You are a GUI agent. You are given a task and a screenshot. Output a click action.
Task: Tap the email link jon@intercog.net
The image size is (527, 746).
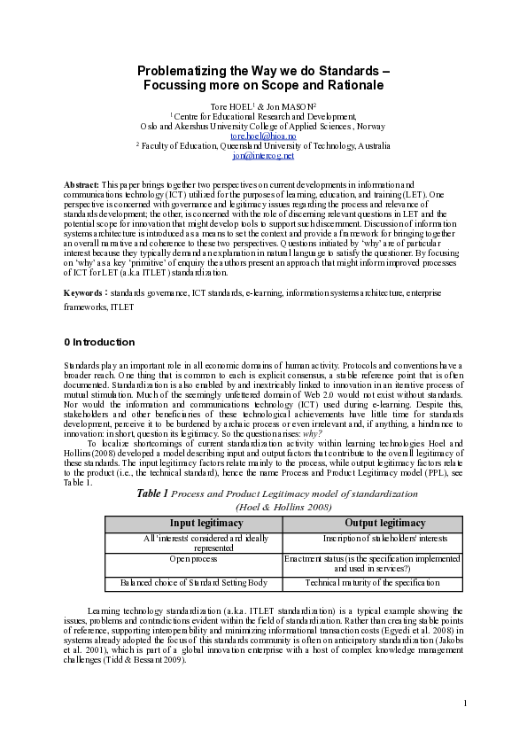pos(263,156)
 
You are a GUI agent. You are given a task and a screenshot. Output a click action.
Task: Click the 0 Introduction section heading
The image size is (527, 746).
pos(99,342)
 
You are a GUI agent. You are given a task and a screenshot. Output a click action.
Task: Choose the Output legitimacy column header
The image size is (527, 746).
pos(372,524)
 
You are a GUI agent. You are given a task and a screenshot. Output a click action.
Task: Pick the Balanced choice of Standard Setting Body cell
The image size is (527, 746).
pos(193,583)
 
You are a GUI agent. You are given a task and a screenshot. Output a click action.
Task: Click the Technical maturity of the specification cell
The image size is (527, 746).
pos(372,583)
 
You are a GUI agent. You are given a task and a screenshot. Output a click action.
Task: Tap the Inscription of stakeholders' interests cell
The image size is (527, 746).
pos(372,538)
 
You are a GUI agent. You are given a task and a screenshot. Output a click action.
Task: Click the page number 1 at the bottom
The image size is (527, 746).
pos(464,703)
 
